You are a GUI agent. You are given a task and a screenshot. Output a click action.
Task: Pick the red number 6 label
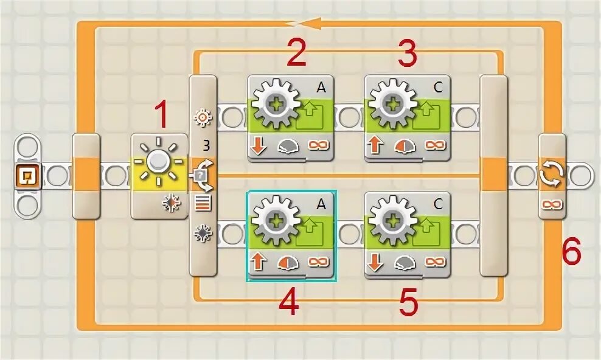[571, 251]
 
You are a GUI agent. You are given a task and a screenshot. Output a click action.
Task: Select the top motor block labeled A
[291, 118]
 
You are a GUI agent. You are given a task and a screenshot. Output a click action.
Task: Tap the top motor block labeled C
[408, 118]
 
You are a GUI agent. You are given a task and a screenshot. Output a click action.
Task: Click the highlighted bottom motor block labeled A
[291, 236]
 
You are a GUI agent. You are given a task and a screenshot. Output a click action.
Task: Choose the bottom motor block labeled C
[408, 236]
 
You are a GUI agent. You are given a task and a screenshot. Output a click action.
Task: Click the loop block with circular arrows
[552, 176]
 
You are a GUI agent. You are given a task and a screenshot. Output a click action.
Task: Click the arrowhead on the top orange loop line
[310, 23]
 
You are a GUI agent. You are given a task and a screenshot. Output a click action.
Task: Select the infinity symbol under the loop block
[552, 204]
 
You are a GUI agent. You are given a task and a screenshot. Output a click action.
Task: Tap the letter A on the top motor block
[321, 87]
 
